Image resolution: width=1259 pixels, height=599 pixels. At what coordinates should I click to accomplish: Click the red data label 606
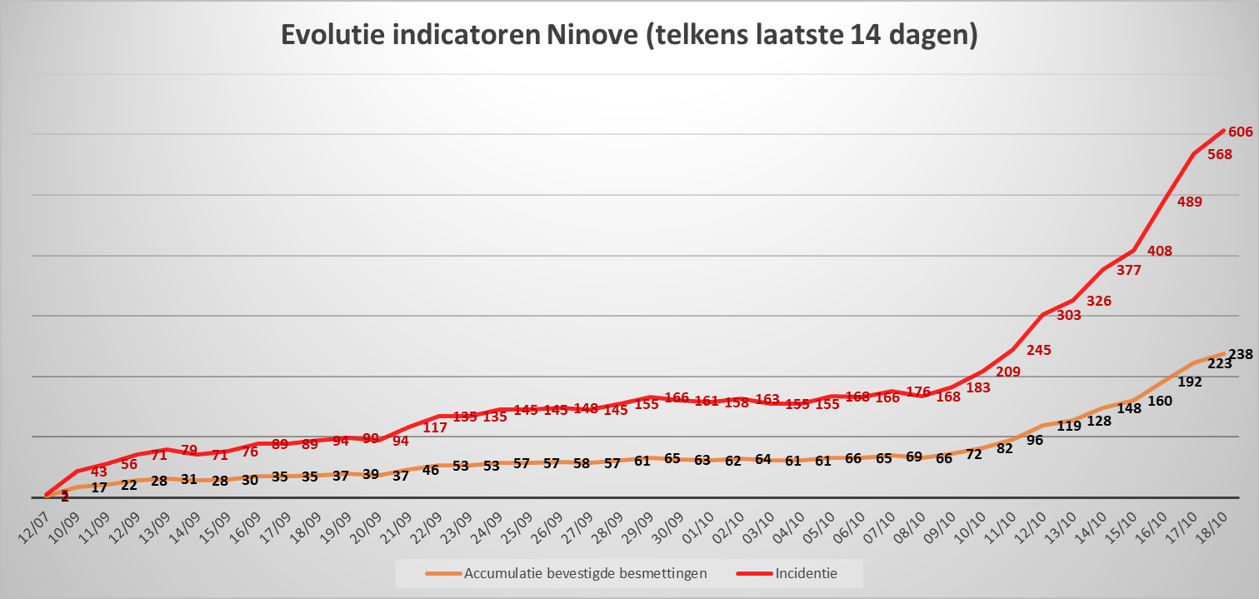point(1241,132)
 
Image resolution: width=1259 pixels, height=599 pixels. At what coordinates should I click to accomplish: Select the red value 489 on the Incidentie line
point(1189,202)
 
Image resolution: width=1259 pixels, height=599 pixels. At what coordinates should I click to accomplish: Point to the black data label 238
point(1241,355)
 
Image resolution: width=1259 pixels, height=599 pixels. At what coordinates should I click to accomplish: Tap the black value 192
point(1189,382)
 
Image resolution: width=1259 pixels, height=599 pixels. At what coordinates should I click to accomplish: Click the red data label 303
point(1068,316)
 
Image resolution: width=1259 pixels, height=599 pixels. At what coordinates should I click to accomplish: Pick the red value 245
point(1038,351)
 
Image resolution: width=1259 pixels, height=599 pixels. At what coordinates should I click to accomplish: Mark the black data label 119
point(1068,426)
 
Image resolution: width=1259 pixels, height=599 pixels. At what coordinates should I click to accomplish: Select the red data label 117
point(435,428)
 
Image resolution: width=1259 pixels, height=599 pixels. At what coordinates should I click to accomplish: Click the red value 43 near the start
point(99,472)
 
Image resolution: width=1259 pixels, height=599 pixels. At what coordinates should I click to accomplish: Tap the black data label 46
point(431,470)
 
